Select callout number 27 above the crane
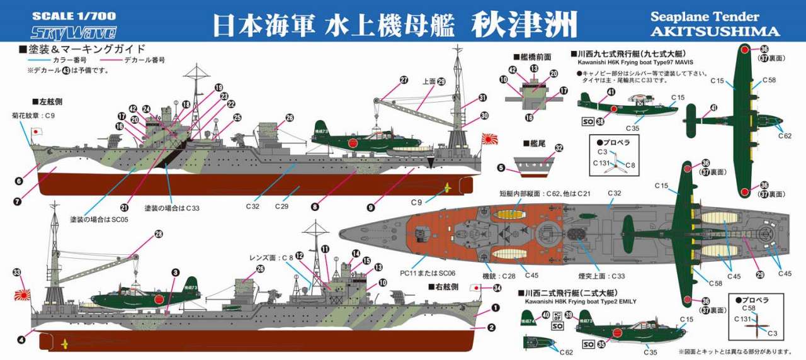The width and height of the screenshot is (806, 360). [x=404, y=80]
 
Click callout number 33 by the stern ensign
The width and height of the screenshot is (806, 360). [x=17, y=273]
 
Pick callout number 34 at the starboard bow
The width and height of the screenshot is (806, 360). [x=497, y=288]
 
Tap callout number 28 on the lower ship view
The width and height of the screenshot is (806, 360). [x=158, y=234]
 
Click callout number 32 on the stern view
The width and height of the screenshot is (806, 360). [x=559, y=149]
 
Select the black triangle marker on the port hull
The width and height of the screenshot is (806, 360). [x=431, y=163]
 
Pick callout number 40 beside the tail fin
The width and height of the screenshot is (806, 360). [x=545, y=315]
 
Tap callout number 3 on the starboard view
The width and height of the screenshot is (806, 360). [x=175, y=272]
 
